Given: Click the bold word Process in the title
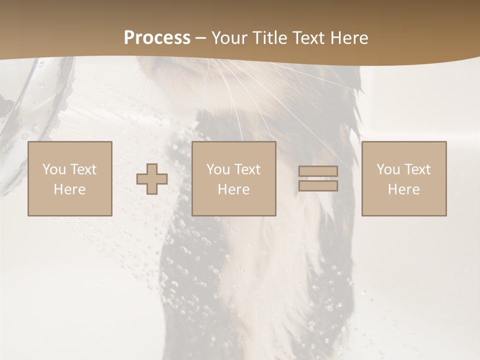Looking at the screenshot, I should click(157, 38).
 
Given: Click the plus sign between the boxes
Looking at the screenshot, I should click(152, 178).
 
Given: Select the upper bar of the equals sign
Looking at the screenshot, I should click(318, 171).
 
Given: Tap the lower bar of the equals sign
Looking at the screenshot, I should click(318, 186).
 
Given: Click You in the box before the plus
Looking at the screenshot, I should click(53, 169).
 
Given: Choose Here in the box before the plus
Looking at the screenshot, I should click(69, 189).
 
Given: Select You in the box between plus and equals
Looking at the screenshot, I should click(217, 169).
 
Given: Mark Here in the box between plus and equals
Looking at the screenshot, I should click(233, 189).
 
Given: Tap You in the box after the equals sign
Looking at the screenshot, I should click(387, 169).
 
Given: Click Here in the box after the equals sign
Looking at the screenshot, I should click(403, 189).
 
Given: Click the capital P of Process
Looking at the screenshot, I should click(129, 38).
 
